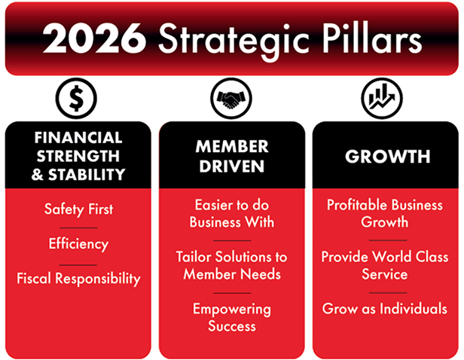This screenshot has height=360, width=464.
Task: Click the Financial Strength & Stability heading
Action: coord(78,156)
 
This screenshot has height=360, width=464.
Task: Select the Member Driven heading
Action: coord(232,156)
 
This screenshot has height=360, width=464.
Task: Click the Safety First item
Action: coord(78,209)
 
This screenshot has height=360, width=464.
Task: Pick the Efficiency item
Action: coord(78,244)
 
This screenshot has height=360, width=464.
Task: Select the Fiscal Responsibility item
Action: coord(78,279)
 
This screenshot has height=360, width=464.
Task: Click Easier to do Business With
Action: coord(232,213)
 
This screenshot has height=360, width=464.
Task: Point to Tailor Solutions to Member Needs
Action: coord(232,265)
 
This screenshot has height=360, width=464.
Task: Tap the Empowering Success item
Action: coord(232,317)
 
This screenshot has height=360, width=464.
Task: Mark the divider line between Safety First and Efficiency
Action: coord(78,227)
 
